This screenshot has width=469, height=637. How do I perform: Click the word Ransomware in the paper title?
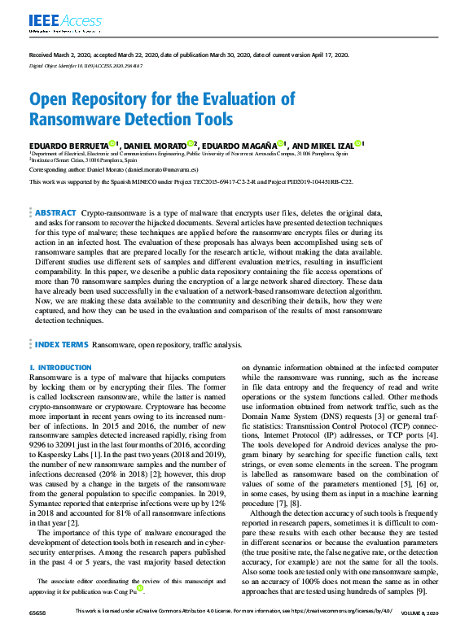click(70, 120)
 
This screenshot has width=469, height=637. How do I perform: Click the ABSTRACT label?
click(55, 212)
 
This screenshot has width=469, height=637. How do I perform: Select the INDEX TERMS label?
click(61, 345)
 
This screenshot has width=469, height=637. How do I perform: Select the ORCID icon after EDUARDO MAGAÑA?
click(278, 143)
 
